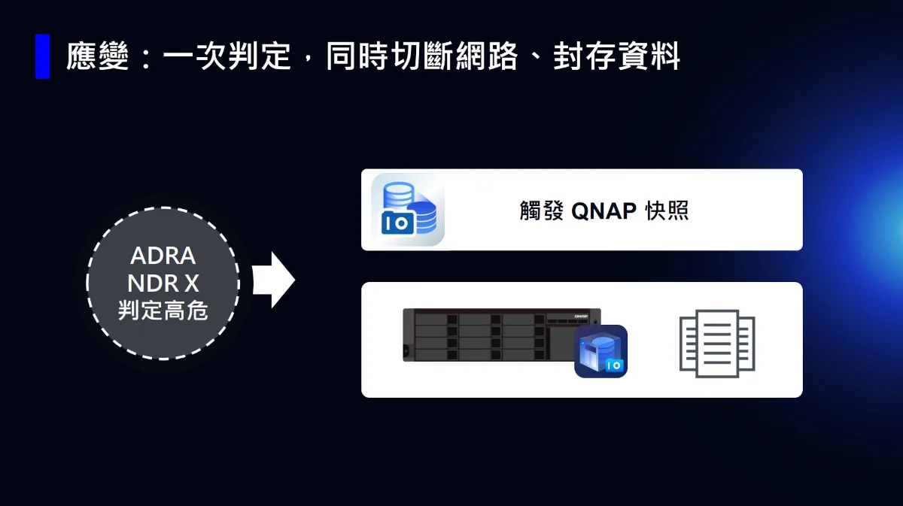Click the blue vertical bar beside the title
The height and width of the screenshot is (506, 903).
(x=42, y=56)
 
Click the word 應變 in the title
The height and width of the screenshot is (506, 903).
(x=98, y=56)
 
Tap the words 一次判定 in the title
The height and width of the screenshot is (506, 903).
(x=227, y=56)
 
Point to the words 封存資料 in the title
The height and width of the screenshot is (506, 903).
(x=617, y=56)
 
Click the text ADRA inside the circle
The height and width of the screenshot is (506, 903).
(x=163, y=256)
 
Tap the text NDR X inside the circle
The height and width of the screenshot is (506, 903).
(x=163, y=283)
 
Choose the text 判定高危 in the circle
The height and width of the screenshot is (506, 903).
(x=163, y=311)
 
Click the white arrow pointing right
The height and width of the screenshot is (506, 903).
(x=274, y=280)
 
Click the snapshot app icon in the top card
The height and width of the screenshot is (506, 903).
(x=408, y=210)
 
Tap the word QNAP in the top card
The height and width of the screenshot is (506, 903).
(x=604, y=211)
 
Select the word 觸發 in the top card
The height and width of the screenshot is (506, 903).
(x=541, y=211)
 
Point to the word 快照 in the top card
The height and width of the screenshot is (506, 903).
(x=667, y=211)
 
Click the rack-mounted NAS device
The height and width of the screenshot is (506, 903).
(x=501, y=335)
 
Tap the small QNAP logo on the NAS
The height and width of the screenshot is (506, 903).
(x=581, y=317)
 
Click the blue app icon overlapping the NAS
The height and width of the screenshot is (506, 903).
(x=600, y=351)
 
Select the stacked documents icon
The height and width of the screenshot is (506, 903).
(x=717, y=344)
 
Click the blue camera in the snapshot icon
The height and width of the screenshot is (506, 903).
(x=397, y=223)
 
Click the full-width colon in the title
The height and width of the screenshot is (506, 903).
(x=146, y=57)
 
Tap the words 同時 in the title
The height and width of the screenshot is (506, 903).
(x=357, y=56)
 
